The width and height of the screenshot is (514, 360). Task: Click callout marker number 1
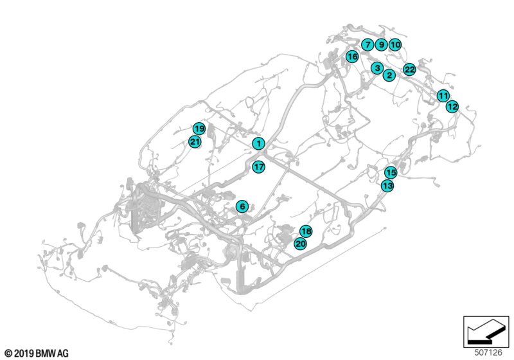259,143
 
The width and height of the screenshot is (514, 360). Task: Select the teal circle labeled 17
259,167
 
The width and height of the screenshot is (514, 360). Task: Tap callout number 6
242,206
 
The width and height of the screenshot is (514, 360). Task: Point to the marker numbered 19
199,129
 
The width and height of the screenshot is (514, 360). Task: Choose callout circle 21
195,142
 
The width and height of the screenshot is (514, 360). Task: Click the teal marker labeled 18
306,231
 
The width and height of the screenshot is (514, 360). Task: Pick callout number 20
300,244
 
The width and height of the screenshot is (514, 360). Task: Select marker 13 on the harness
387,186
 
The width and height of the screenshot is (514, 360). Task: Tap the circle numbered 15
391,172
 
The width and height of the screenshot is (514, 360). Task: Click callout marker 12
452,107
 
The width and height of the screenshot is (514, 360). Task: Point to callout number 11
443,96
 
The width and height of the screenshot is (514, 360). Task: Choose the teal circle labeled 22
409,69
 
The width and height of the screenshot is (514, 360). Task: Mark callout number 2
389,75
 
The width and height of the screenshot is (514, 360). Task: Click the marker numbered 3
377,68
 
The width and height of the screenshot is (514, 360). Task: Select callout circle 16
352,57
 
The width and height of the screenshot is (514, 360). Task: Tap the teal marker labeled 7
368,44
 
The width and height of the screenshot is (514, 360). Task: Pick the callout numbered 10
395,44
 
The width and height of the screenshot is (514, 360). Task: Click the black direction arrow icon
486,332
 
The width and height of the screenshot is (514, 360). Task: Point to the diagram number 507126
488,352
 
